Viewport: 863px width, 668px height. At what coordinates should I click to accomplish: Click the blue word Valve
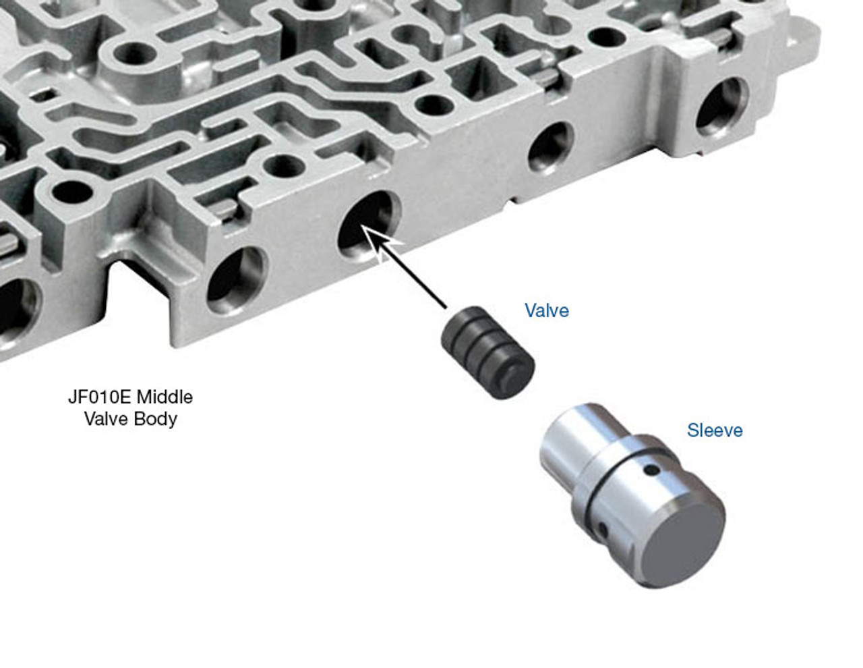coord(546,310)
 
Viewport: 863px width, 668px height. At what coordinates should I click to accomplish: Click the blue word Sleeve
coord(715,430)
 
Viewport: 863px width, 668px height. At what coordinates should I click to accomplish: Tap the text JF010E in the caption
coord(100,397)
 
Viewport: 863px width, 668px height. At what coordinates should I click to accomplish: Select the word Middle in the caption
coord(165,397)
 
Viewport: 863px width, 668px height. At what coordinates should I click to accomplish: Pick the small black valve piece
coord(487,352)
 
